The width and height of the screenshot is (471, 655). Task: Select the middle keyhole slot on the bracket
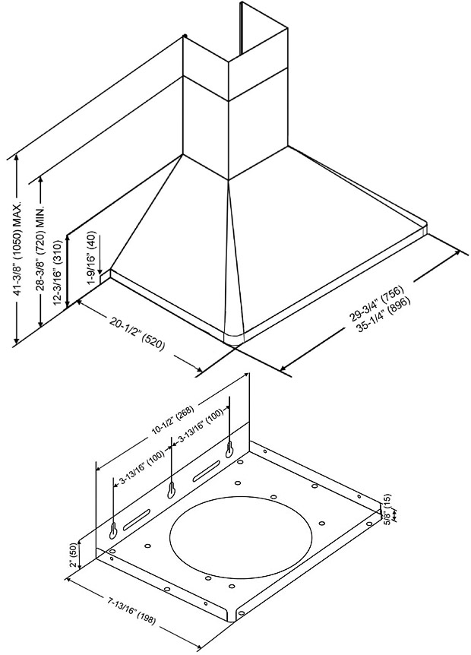pyautogui.click(x=172, y=489)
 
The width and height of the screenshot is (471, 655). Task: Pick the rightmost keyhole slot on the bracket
pyautogui.click(x=228, y=451)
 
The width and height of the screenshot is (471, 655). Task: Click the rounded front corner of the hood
pyautogui.click(x=233, y=337)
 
